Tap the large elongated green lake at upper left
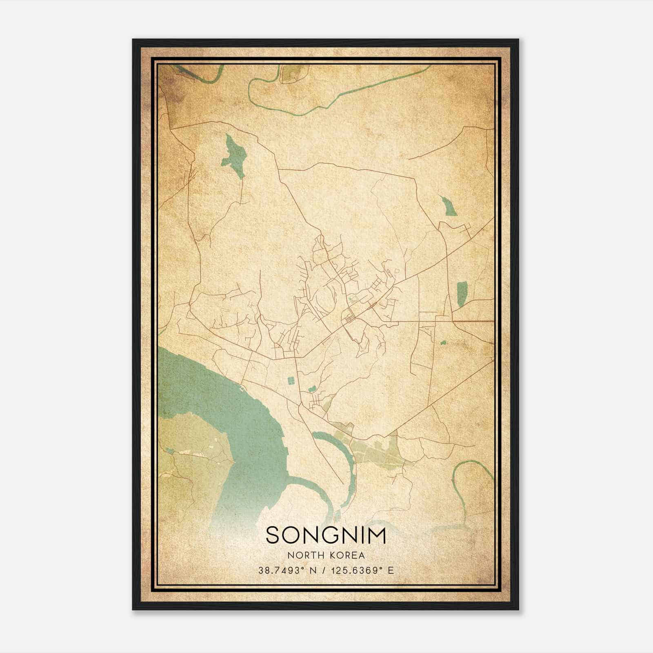(234, 156)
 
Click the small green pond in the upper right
(449, 206)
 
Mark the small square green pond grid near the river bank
(291, 381)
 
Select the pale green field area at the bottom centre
(375, 453)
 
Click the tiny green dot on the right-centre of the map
(443, 342)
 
